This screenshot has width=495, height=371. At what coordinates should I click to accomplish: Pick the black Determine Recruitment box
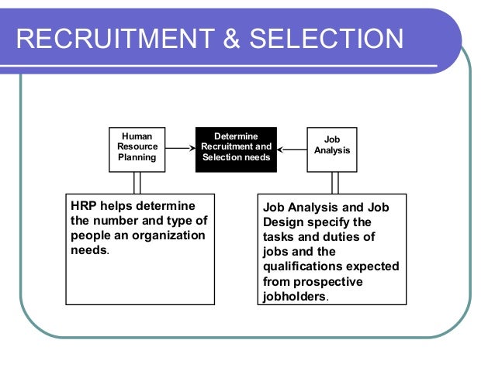(236, 147)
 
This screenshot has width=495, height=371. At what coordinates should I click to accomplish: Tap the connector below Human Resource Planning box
(137, 182)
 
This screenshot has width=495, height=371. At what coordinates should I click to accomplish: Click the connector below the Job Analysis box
(335, 182)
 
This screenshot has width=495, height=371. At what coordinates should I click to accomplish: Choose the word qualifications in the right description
(298, 266)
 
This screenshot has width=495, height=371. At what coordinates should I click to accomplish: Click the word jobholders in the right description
(295, 296)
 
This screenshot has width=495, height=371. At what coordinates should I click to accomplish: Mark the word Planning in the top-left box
(137, 158)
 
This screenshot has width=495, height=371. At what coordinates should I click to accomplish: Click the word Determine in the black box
(236, 136)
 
